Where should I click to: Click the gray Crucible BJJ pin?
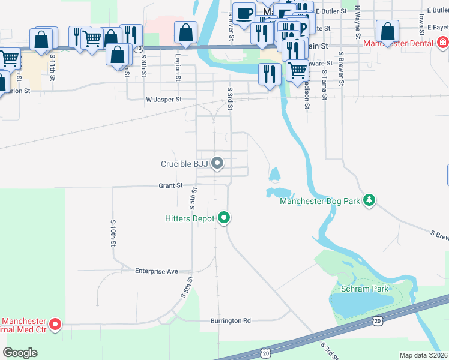(x=218, y=163)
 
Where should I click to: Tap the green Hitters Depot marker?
(x=224, y=217)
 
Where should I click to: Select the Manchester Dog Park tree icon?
(x=370, y=200)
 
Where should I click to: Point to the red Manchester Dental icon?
(x=442, y=42)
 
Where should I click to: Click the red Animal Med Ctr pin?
(x=55, y=325)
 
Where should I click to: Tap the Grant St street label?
(x=170, y=186)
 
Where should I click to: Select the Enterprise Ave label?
(x=156, y=271)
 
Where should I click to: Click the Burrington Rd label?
(x=231, y=321)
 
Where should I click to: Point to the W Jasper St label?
(x=163, y=100)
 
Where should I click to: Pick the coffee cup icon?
(x=244, y=14)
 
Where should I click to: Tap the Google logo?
(x=20, y=352)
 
